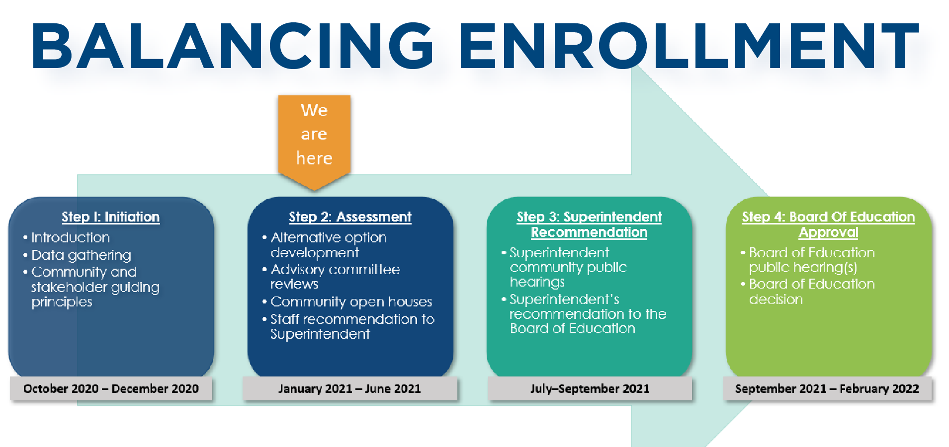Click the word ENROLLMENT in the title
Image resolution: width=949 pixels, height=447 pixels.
tap(690, 46)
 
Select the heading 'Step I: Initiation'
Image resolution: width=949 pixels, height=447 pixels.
tap(111, 217)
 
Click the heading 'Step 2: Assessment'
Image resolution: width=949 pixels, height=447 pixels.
tap(350, 217)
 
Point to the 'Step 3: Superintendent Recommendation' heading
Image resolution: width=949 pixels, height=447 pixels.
tap(589, 224)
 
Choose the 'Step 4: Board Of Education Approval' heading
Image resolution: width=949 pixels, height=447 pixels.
tap(828, 224)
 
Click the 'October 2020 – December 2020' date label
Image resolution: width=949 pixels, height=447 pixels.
tap(111, 389)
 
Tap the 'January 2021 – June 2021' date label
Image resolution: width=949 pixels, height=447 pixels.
tap(349, 389)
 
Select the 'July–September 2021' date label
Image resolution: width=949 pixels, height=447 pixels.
tap(590, 389)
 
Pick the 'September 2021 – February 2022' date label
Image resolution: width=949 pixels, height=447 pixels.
tap(827, 389)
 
